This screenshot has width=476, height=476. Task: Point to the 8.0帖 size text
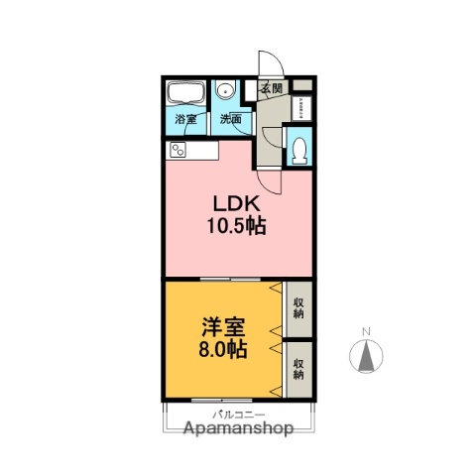point(224,351)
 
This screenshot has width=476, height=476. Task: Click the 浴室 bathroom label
point(185,120)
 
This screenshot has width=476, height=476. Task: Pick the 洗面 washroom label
point(230,120)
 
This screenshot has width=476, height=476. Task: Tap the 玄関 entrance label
point(272,89)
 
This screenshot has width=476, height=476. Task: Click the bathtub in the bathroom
point(185,94)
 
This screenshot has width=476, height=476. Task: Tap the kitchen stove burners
point(178,151)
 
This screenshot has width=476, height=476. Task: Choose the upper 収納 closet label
point(298,308)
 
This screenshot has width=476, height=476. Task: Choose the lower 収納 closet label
point(298,369)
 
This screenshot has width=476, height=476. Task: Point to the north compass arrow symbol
point(367,355)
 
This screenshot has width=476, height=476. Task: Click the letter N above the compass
point(367,331)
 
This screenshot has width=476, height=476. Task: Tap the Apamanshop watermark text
point(238,429)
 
